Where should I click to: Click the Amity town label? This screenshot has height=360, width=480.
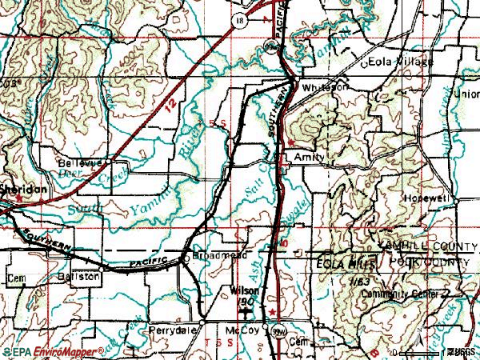(309, 158)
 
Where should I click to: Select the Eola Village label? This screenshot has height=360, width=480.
(399, 62)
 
